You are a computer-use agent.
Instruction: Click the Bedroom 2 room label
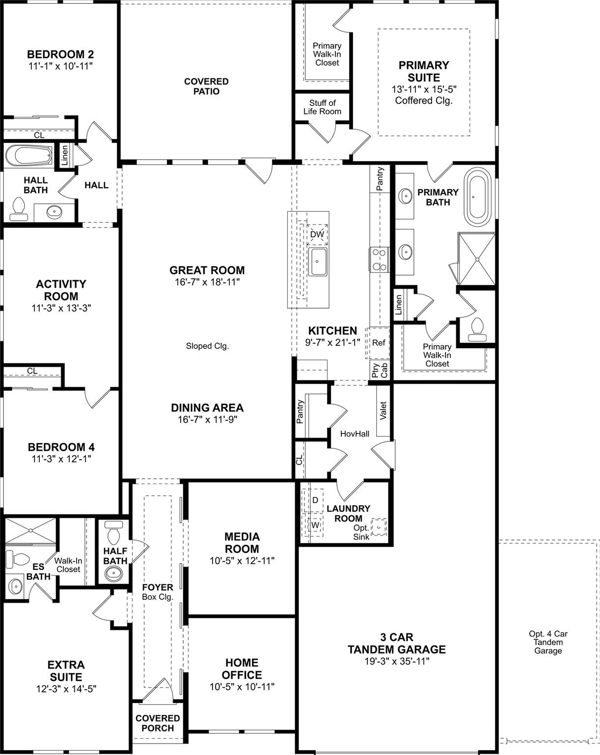click(60, 54)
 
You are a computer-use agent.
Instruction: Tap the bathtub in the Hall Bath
click(29, 157)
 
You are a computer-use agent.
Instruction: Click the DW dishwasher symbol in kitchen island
click(317, 234)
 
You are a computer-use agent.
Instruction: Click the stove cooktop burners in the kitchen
click(379, 260)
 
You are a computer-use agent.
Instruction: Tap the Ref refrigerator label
click(379, 343)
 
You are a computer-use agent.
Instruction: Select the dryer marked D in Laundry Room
click(315, 500)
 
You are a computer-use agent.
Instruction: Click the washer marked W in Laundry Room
click(315, 525)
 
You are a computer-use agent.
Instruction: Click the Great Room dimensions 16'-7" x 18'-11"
click(207, 282)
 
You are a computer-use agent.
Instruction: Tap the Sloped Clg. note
click(207, 346)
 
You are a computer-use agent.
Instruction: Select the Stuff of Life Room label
click(322, 107)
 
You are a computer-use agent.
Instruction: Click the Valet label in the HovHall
click(383, 411)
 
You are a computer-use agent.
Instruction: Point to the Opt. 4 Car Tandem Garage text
click(548, 642)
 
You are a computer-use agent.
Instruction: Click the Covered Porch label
click(158, 723)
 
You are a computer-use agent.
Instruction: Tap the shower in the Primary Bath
click(476, 259)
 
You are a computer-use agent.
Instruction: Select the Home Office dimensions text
click(242, 687)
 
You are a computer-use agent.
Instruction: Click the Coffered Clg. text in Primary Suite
click(423, 101)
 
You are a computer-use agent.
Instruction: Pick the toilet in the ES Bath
click(16, 559)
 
